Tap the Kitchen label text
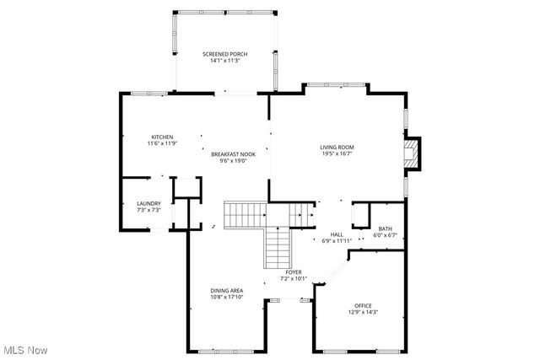pyautogui.click(x=162, y=137)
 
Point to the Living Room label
pyautogui.click(x=336, y=147)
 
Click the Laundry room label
pyautogui.click(x=148, y=203)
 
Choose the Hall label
pyautogui.click(x=337, y=234)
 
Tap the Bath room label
pyautogui.click(x=386, y=228)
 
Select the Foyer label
pyautogui.click(x=294, y=272)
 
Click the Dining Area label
pyautogui.click(x=227, y=290)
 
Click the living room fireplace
pyautogui.click(x=412, y=153)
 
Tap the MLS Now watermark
pyautogui.click(x=24, y=350)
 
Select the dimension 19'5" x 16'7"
pyautogui.click(x=336, y=153)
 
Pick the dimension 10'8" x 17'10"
pyautogui.click(x=227, y=297)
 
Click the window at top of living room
pyautogui.click(x=335, y=84)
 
